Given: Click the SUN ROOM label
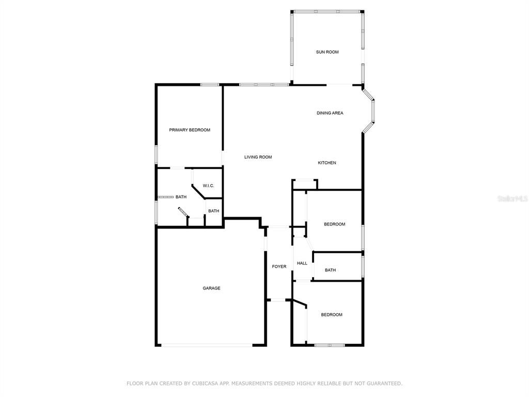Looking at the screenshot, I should point(327,52).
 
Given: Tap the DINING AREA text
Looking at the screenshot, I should point(330,113).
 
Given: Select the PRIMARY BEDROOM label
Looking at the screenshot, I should point(190,130).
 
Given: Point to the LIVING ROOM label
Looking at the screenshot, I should point(258,157).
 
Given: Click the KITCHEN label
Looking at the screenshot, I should point(326,163).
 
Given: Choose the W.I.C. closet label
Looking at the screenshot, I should point(208,186).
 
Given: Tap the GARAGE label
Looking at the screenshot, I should point(211,288).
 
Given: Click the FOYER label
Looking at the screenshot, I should point(279,266).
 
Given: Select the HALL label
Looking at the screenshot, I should point(302,263).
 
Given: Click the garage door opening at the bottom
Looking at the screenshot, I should point(206,345).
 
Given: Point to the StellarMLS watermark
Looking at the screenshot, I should point(512,198).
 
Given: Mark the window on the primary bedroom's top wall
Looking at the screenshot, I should point(210,84).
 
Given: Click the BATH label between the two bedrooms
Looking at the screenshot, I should point(330,270).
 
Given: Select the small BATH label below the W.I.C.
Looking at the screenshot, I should point(213,211).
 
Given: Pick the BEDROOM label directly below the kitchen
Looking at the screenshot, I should point(334,224).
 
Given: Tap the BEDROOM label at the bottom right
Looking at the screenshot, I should point(331,315).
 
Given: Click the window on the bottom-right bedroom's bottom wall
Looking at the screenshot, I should point(330,345).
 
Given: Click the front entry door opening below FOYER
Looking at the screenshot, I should point(279,300).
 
